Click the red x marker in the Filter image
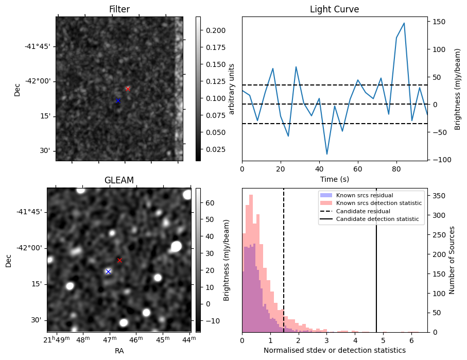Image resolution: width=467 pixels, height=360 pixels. coord(128,89)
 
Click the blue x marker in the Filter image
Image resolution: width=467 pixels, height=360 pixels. coord(118,101)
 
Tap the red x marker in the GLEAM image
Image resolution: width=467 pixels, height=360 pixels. coord(119,261)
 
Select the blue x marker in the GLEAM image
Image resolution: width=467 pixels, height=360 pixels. coord(108,271)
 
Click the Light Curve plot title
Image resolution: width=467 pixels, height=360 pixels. coord(334,10)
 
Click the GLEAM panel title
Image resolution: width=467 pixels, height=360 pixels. coord(119,180)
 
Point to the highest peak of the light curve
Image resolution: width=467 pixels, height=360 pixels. coord(404,23)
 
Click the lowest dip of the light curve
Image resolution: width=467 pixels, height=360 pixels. coord(327,154)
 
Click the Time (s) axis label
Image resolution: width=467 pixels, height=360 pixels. coord(334,179)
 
